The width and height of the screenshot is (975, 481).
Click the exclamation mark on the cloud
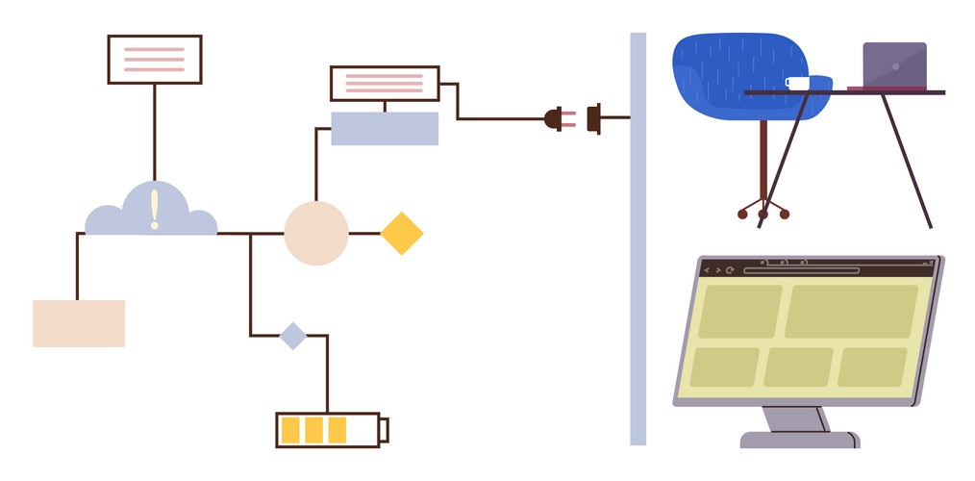click(x=154, y=209)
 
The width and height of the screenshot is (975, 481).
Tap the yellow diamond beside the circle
click(x=402, y=234)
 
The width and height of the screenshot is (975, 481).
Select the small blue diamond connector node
click(x=292, y=336)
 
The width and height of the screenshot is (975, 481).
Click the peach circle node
click(x=315, y=234)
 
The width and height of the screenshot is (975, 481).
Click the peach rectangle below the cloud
click(x=79, y=323)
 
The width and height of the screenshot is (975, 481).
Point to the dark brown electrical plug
click(x=555, y=119)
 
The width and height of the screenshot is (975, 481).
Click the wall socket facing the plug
click(x=594, y=118)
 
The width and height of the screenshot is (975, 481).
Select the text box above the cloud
click(x=154, y=60)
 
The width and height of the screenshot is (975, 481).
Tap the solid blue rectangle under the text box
click(x=385, y=129)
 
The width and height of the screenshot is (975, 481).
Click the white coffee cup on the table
click(x=797, y=84)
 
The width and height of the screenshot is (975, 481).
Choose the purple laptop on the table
click(x=894, y=65)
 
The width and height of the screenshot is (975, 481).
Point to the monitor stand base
click(x=799, y=440)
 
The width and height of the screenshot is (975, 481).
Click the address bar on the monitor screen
click(x=800, y=270)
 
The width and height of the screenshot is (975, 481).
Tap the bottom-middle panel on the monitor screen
click(x=798, y=367)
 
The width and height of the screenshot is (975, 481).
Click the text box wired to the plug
click(x=385, y=84)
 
